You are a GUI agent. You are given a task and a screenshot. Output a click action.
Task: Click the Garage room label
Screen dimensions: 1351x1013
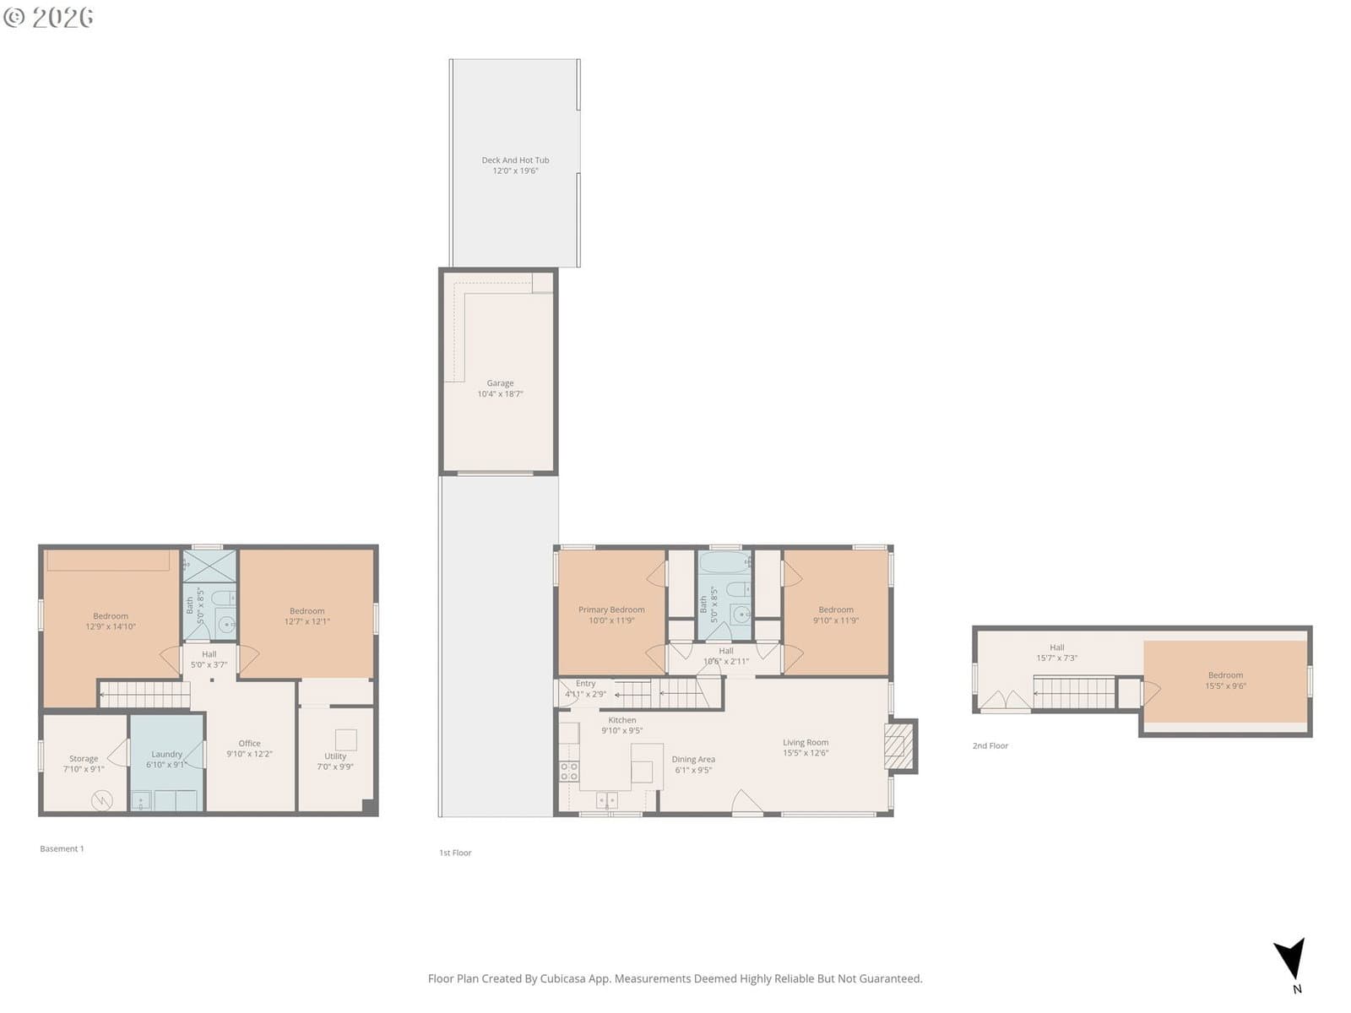500,383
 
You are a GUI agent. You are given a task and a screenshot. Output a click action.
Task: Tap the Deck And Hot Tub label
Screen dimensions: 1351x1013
515,160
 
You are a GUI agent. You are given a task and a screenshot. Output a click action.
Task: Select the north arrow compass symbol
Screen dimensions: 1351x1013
1290,961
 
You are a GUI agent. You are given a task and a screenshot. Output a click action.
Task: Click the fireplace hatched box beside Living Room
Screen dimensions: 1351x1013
894,746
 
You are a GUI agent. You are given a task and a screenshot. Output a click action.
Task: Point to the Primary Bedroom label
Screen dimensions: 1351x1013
611,609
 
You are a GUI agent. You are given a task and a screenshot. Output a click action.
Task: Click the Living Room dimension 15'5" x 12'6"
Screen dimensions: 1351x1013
805,753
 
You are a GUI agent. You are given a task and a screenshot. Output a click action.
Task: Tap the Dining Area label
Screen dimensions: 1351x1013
693,760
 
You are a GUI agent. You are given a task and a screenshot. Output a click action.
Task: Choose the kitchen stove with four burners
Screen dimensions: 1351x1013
569,772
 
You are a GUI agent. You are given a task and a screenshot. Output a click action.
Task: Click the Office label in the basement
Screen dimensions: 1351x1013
249,743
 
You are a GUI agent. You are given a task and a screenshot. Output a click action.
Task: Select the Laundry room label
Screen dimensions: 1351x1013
166,754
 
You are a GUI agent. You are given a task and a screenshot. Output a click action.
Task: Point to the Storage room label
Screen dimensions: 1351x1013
83,758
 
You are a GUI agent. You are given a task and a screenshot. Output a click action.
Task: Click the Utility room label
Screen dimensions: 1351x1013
335,756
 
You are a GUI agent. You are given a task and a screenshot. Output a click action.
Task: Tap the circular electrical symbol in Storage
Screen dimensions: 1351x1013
101,801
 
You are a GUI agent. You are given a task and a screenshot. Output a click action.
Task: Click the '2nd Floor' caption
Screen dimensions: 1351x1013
990,745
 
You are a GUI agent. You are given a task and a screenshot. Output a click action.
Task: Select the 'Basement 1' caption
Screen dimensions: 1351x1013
62,848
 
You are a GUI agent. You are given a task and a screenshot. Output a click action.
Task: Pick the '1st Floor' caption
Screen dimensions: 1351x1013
455,853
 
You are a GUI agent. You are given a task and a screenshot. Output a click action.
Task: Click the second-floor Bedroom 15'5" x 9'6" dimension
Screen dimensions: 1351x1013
1225,685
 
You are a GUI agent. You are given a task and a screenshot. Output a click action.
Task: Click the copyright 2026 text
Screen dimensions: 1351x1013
48,17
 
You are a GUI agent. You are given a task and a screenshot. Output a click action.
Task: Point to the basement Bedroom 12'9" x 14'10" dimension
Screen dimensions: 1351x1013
110,626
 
